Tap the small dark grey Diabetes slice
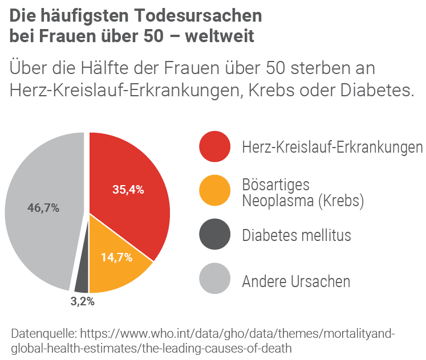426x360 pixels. [x=82, y=279]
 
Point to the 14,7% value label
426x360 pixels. [x=116, y=257]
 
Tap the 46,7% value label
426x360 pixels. [x=43, y=208]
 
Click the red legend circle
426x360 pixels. [x=214, y=148]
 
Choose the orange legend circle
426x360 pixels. [x=214, y=191]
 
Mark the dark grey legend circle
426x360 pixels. [x=214, y=235]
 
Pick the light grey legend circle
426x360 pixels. [x=214, y=280]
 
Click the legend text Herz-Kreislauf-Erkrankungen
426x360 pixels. [x=332, y=148]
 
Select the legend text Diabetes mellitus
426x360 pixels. [x=297, y=235]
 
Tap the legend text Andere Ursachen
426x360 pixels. [x=296, y=281]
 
